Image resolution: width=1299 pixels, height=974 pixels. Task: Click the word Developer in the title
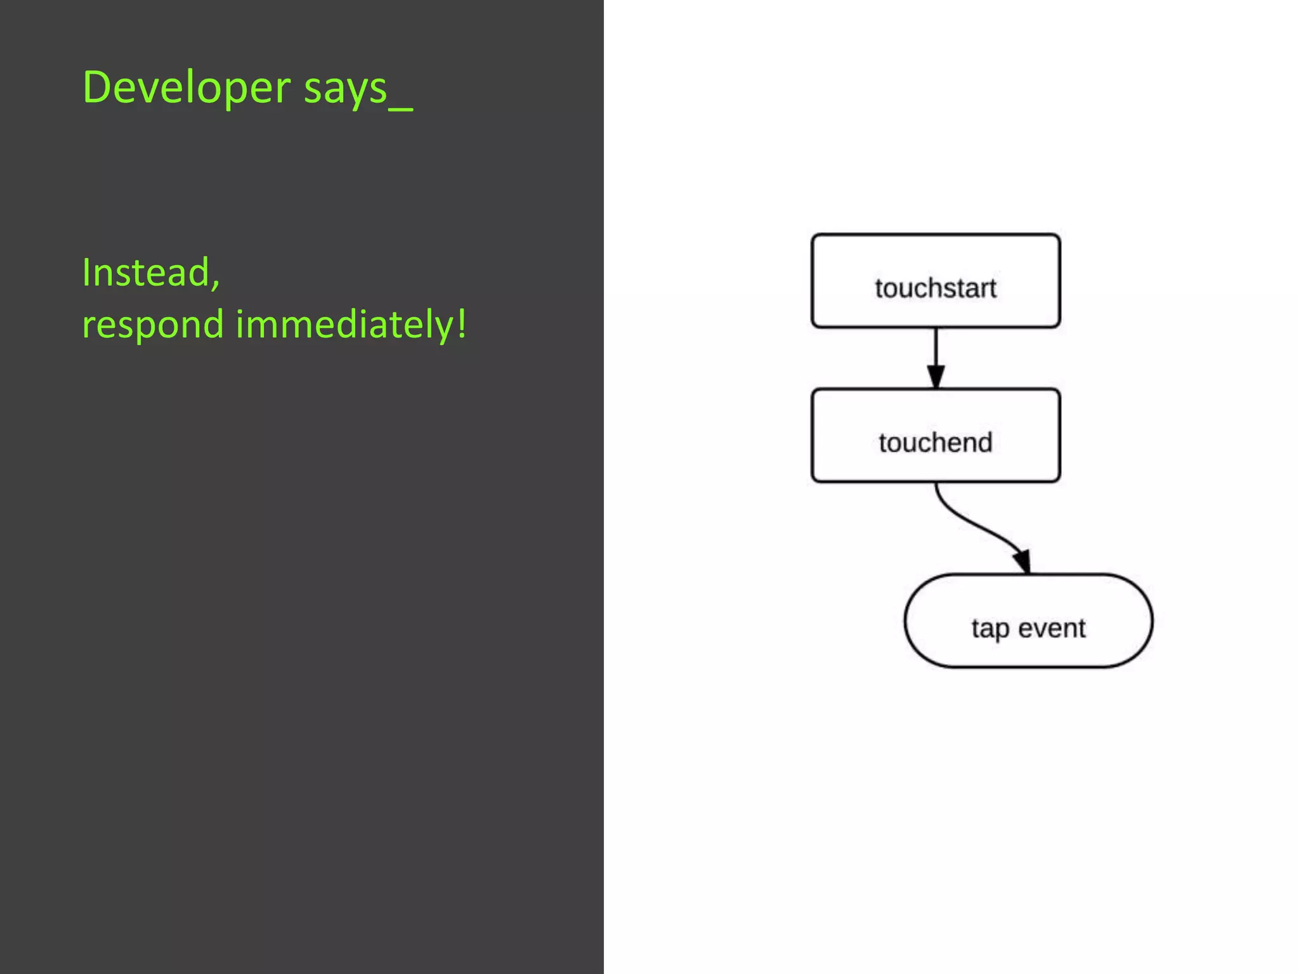(x=186, y=88)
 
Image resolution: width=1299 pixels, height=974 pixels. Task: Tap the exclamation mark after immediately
(x=462, y=322)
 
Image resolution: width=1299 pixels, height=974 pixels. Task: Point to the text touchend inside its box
(x=936, y=443)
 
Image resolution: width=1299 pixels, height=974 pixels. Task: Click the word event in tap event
(x=1052, y=628)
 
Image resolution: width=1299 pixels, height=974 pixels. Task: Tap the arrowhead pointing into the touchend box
(x=936, y=377)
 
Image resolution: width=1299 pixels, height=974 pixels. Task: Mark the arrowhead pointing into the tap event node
(x=1022, y=561)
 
